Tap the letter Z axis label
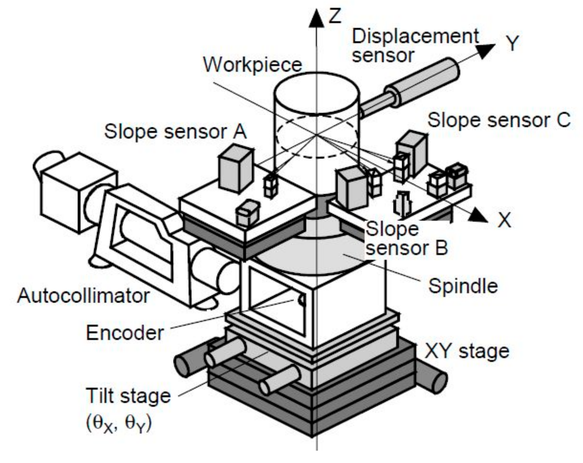[335, 16]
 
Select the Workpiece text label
[253, 65]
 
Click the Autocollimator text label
[83, 296]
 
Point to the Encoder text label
[125, 333]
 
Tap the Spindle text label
[463, 286]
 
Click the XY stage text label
[467, 351]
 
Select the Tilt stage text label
[128, 396]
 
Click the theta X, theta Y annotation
[119, 423]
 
